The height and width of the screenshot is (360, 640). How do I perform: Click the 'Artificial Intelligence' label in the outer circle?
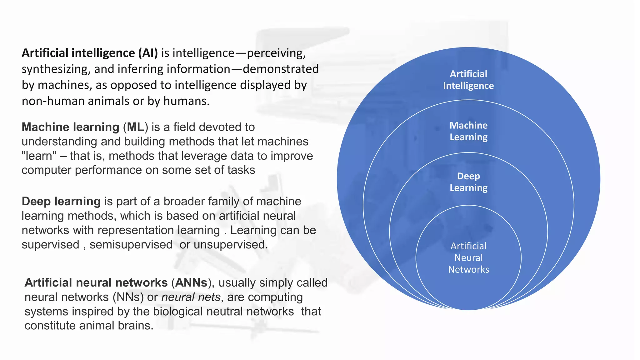click(x=468, y=80)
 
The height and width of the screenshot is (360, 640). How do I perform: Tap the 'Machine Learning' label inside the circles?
click(x=468, y=131)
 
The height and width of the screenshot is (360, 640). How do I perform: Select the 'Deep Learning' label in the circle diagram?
click(x=468, y=182)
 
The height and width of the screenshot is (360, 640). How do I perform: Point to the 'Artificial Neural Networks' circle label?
click(x=468, y=258)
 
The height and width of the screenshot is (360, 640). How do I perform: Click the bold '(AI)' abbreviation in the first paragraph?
click(x=148, y=53)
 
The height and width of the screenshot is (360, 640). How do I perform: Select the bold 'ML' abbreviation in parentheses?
click(x=135, y=127)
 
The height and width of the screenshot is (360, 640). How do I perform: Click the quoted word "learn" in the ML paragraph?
click(x=39, y=156)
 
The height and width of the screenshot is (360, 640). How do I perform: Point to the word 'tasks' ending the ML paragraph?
click(x=241, y=170)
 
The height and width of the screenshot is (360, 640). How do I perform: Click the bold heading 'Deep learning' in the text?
click(x=61, y=202)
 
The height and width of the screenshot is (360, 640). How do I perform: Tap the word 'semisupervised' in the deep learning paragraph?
click(x=131, y=245)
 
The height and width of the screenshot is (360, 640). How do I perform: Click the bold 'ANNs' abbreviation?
click(x=191, y=283)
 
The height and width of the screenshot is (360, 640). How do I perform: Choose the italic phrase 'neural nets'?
click(x=191, y=297)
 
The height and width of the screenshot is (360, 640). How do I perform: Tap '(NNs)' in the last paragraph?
click(x=128, y=297)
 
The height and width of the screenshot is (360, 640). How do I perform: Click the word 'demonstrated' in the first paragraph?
click(x=281, y=69)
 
